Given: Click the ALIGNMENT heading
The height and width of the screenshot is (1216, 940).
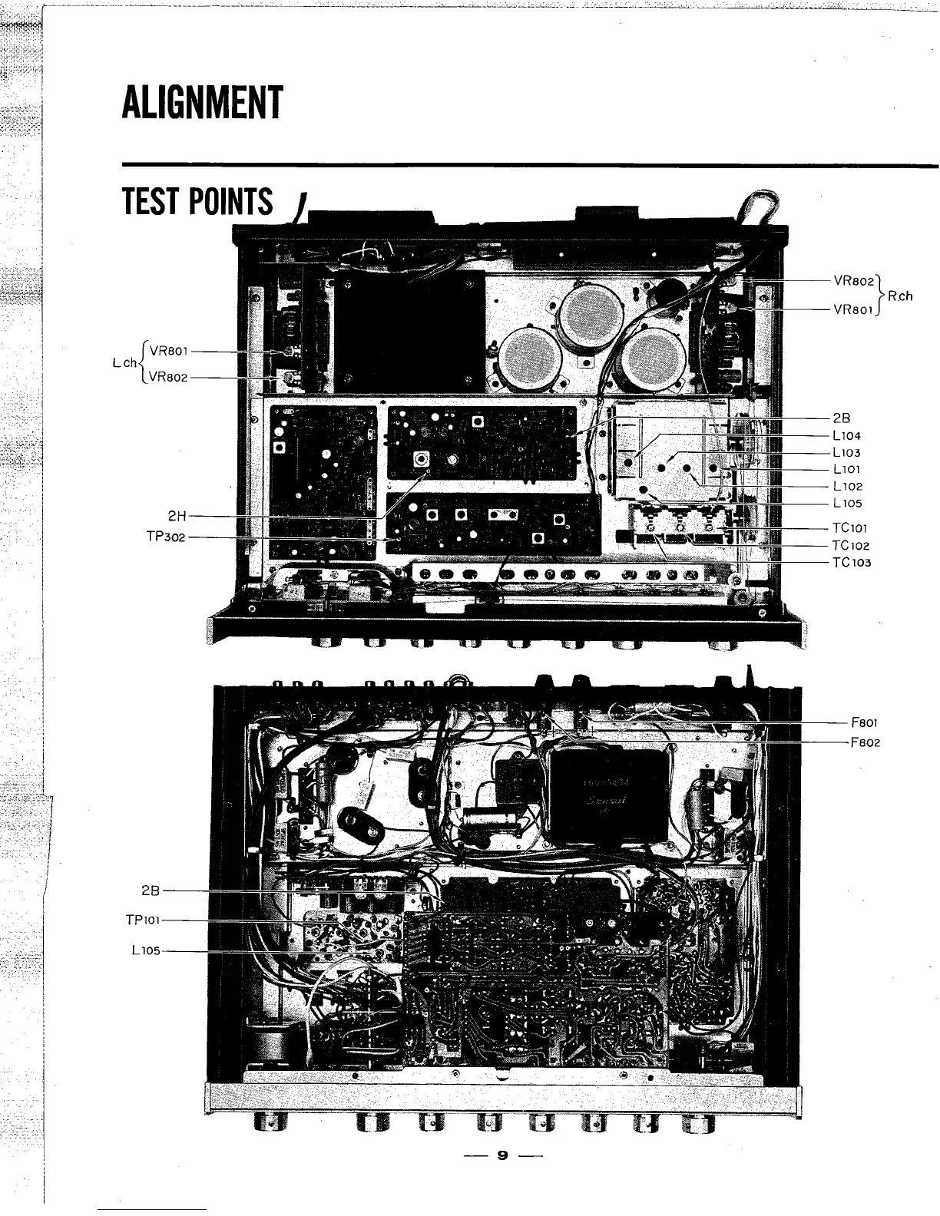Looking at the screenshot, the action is click(x=202, y=103).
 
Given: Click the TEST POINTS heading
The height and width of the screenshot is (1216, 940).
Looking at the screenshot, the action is click(x=197, y=202).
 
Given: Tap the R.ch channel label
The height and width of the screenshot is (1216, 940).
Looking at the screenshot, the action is click(x=900, y=296).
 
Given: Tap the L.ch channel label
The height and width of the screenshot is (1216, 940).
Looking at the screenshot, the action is click(x=125, y=362).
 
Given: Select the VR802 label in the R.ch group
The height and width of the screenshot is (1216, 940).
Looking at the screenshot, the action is click(x=854, y=280).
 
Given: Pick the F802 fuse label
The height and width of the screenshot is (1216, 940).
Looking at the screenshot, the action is click(x=866, y=743).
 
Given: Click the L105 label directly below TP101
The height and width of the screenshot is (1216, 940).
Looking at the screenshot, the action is click(x=145, y=950).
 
